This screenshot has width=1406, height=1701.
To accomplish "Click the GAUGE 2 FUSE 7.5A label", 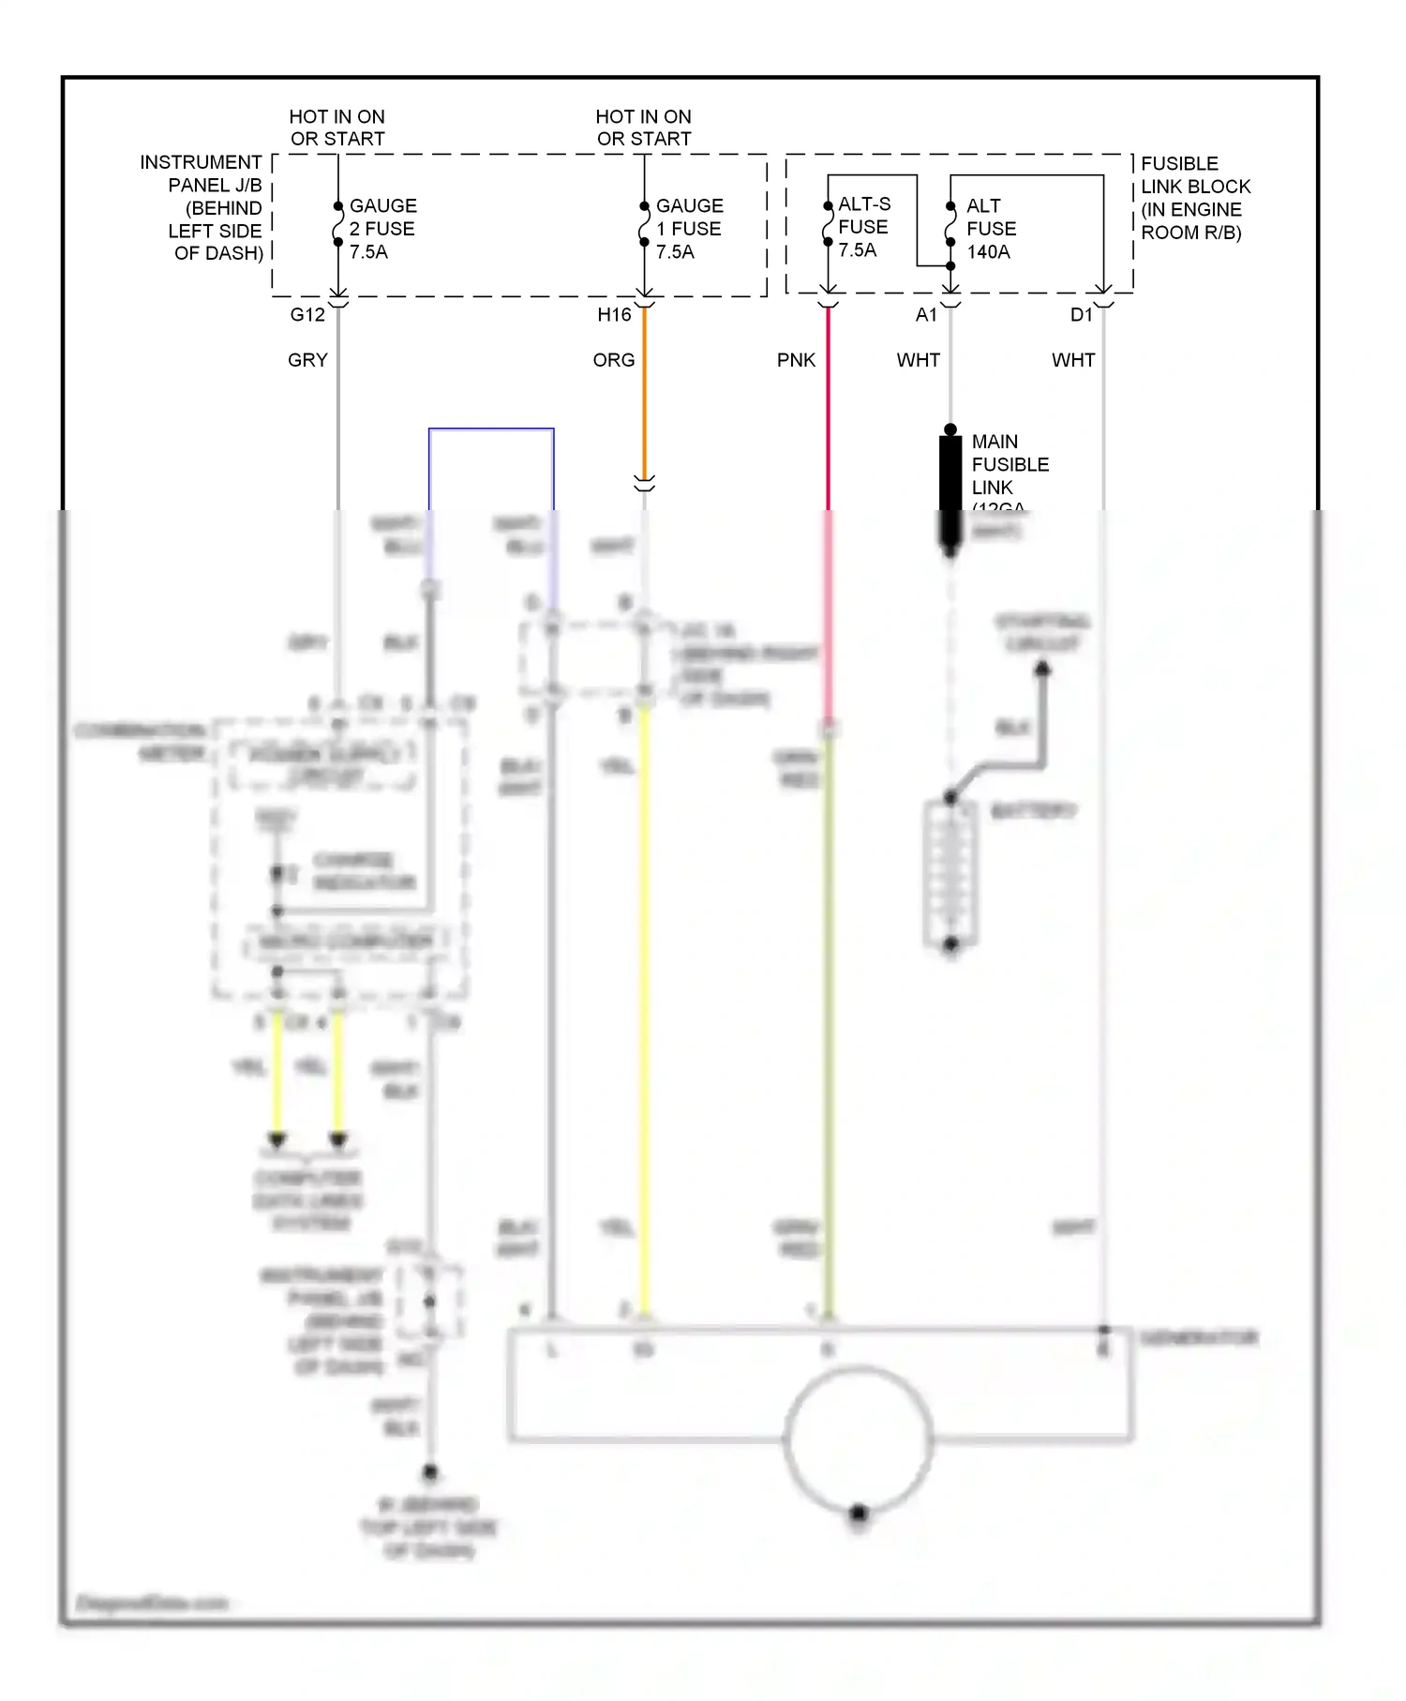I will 381,229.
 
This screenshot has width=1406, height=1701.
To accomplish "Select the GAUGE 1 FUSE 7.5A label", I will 688,229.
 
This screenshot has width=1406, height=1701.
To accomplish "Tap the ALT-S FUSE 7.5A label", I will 862,227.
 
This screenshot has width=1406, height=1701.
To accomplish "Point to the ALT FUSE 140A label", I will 990,229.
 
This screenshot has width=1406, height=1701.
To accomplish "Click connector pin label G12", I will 307,315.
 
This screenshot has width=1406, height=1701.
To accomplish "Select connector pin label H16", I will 614,315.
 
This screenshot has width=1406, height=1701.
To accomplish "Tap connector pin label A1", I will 926,315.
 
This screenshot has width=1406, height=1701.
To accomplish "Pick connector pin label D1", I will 1081,315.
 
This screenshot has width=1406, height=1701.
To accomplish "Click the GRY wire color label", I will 307,360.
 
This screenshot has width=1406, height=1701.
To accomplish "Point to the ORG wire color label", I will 614,360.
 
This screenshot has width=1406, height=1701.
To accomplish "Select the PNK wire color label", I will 796,360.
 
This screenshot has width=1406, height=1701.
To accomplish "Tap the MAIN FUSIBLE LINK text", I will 1009,465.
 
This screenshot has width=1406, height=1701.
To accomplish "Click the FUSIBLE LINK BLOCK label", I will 1194,198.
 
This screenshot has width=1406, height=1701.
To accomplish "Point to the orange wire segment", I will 644,394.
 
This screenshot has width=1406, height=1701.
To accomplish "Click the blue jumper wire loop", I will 491,429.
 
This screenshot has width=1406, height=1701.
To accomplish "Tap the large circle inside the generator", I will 858,1439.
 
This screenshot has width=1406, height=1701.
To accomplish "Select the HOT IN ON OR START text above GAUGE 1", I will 643,128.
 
